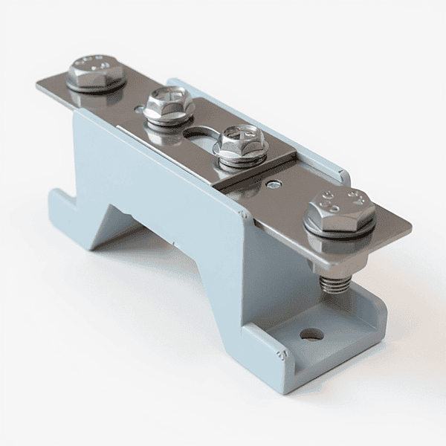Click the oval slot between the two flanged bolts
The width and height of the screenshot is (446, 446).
[199, 135]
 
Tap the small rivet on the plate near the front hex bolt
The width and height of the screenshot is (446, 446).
[276, 184]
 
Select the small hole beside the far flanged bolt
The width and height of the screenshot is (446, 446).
[140, 109]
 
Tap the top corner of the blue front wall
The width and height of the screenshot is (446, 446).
[245, 213]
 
